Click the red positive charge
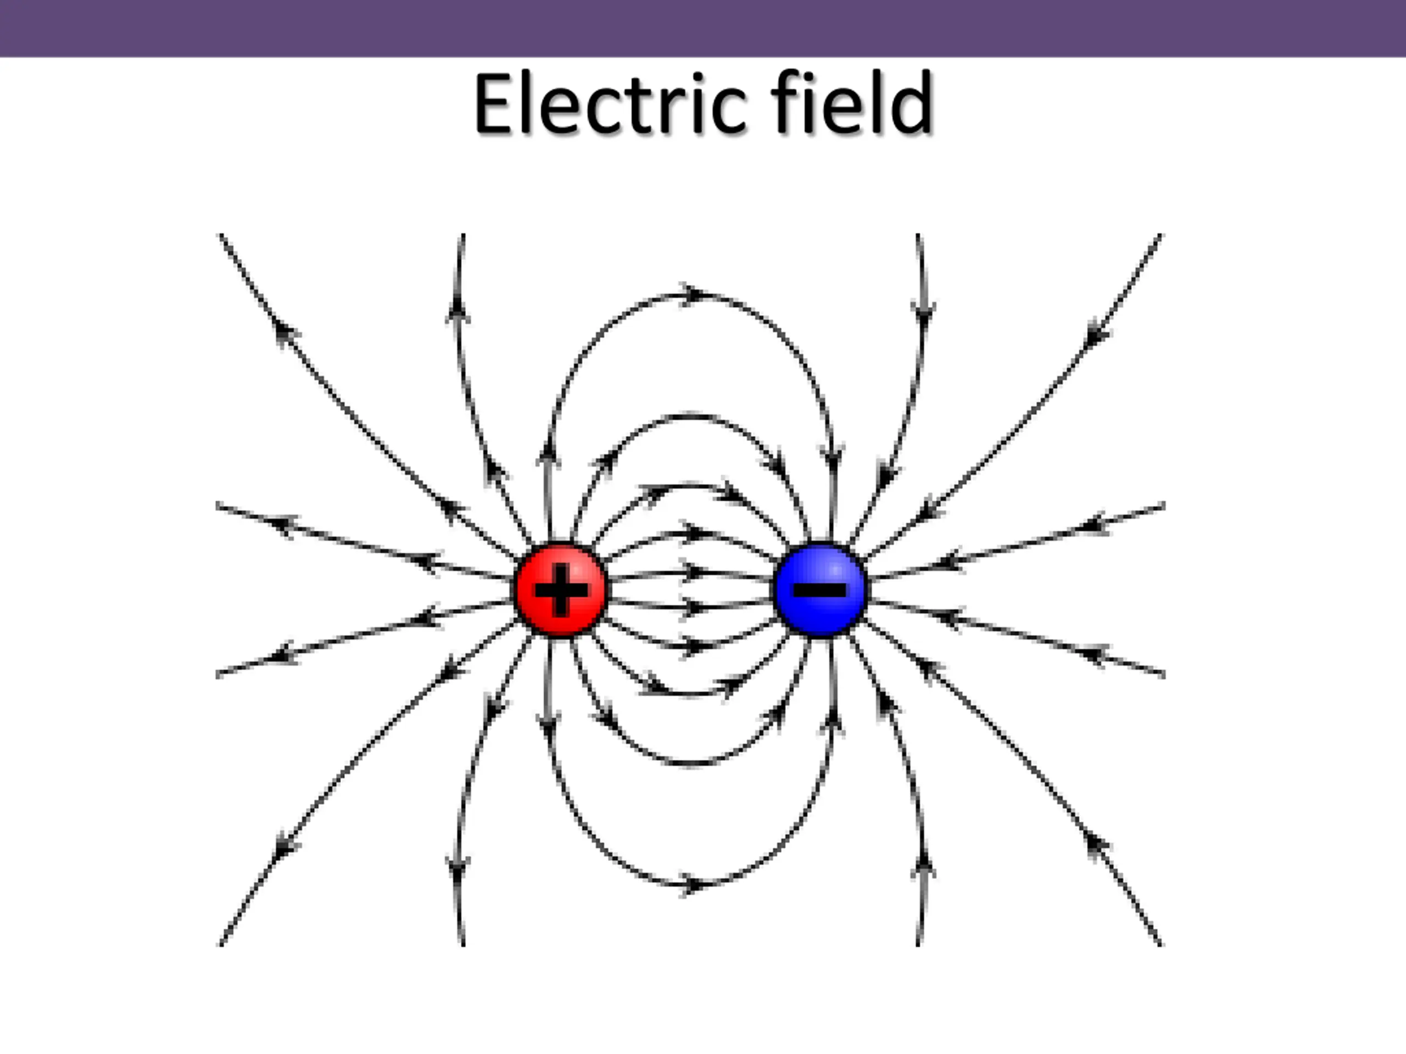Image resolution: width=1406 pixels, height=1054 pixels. tap(561, 590)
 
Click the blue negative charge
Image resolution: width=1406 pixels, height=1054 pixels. tap(821, 590)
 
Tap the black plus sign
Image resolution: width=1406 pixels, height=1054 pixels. tap(561, 590)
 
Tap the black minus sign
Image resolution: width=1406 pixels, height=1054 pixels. tap(821, 590)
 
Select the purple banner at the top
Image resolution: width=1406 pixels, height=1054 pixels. tap(703, 28)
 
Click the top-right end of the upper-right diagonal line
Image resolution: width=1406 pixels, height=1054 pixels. tap(1160, 236)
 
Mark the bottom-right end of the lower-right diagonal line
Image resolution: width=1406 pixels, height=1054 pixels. tap(1160, 945)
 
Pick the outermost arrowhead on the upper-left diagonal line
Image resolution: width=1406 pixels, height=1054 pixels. tap(286, 331)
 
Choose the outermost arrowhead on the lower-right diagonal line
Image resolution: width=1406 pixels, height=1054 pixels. tap(1096, 844)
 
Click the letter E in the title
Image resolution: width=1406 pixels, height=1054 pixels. tap(493, 104)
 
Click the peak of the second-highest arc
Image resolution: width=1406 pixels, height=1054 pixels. tap(691, 416)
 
